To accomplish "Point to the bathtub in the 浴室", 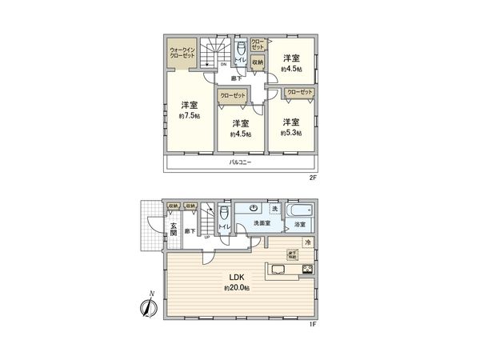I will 301,214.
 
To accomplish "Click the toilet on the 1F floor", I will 222,215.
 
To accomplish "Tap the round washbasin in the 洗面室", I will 250,209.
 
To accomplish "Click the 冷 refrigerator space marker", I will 307,242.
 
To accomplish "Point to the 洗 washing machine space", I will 275,209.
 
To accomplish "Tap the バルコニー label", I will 240,162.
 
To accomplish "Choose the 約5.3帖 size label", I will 290,134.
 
